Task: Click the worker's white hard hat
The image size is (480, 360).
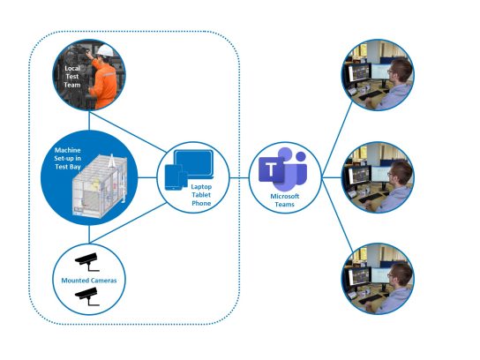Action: point(106,50)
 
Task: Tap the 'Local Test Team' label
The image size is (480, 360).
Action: point(72,77)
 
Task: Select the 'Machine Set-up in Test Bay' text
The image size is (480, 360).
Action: point(68,158)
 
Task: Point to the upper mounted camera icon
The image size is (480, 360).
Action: point(87,262)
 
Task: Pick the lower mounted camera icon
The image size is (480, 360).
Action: point(87,296)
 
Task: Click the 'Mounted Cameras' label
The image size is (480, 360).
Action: point(89,281)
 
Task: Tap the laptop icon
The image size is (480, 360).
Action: point(193,164)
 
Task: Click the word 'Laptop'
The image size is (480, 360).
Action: point(201,186)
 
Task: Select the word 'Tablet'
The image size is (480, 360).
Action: point(201,195)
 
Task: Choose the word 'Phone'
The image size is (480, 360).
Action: point(201,203)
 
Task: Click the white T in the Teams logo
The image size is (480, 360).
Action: point(271,169)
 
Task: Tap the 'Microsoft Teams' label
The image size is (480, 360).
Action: point(285,200)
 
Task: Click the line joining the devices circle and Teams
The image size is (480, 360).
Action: point(239,177)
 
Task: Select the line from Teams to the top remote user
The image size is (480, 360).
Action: point(337,139)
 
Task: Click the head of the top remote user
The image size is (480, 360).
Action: point(400,71)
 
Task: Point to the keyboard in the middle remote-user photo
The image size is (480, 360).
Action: point(370,198)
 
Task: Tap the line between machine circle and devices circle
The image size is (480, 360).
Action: point(147,177)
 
